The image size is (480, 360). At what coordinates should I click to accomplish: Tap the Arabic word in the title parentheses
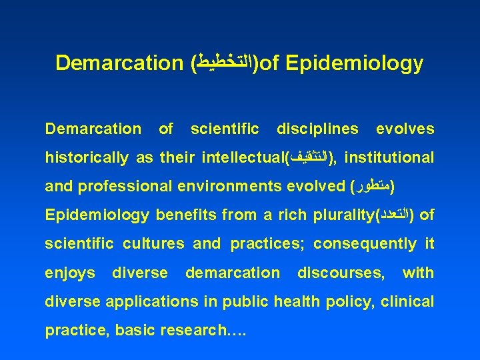pyautogui.click(x=225, y=63)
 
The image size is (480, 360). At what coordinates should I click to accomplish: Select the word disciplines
pyautogui.click(x=317, y=129)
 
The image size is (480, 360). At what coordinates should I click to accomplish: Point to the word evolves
pyautogui.click(x=405, y=129)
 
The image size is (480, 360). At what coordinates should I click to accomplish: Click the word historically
pyautogui.click(x=87, y=158)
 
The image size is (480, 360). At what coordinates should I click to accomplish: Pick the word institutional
pyautogui.click(x=390, y=158)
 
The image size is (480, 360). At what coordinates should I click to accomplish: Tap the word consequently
pyautogui.click(x=365, y=244)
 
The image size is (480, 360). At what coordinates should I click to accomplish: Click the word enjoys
pyautogui.click(x=69, y=273)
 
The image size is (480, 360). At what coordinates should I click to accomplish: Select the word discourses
pyautogui.click(x=341, y=273)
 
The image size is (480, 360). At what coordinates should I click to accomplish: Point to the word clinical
pyautogui.click(x=407, y=302)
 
